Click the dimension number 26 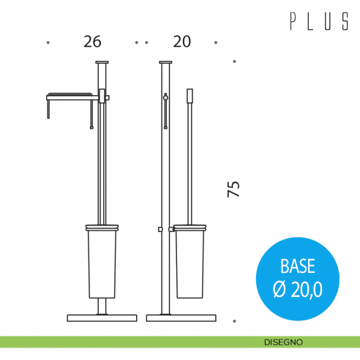[x=92, y=42]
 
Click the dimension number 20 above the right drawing [x=182, y=42]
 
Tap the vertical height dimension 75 [x=233, y=189]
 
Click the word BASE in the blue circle [x=298, y=266]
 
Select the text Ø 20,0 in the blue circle [x=298, y=289]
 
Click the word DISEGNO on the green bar [x=283, y=342]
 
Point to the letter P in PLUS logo [x=293, y=21]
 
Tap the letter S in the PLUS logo [x=345, y=21]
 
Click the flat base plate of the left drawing [x=102, y=318]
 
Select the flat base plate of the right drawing [x=181, y=318]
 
